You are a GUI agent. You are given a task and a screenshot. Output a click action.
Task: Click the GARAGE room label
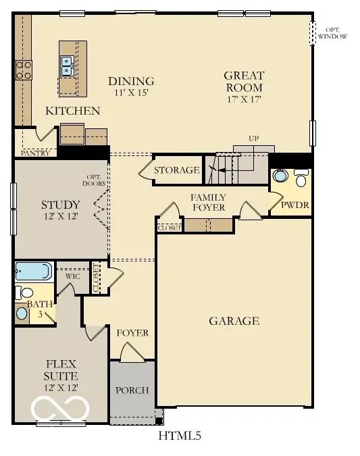click(234, 321)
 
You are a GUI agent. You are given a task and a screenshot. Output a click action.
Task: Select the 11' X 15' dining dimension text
click(131, 93)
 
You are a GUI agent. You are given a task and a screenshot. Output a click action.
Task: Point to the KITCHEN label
click(73, 111)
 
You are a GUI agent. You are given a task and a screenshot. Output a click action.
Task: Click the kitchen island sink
click(68, 66)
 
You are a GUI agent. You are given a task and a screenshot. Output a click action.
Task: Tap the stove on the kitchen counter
click(24, 70)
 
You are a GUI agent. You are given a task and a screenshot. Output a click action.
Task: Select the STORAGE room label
click(177, 170)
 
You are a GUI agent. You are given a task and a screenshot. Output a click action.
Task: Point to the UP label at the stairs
click(253, 139)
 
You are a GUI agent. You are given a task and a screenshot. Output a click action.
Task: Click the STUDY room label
click(60, 205)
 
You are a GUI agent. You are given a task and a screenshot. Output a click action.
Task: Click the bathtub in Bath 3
click(33, 272)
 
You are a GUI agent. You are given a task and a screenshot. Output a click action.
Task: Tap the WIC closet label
click(73, 276)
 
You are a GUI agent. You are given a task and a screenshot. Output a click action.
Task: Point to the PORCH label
click(132, 390)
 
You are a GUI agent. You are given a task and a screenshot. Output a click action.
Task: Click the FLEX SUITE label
click(61, 370)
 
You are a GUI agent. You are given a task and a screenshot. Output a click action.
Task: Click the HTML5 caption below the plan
click(180, 435)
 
